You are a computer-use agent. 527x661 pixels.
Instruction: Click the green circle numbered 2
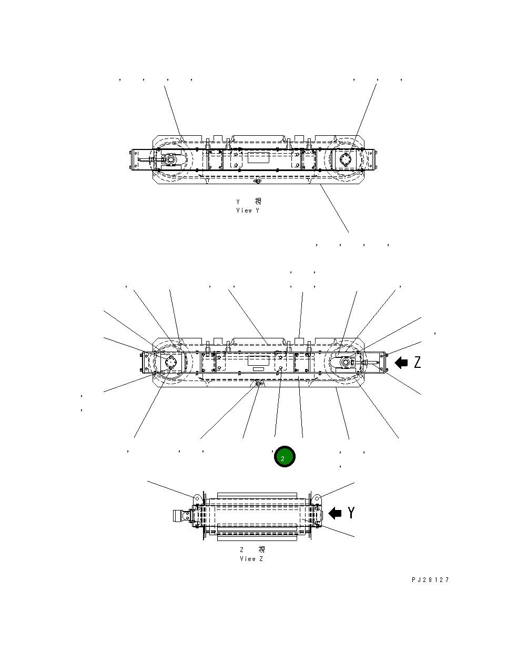click(x=285, y=457)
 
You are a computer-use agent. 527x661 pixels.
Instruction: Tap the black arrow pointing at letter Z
click(x=401, y=362)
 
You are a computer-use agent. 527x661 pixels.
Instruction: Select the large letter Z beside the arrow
click(x=417, y=362)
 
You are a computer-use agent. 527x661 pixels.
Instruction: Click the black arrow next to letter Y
click(x=335, y=512)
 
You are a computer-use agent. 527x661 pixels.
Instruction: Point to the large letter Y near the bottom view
click(x=351, y=512)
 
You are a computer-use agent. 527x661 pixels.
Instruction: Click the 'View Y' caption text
click(x=248, y=210)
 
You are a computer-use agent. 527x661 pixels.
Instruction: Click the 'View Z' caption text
click(x=251, y=558)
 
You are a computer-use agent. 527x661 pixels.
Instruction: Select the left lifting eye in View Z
click(x=197, y=498)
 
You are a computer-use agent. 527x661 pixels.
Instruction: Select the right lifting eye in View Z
click(x=317, y=498)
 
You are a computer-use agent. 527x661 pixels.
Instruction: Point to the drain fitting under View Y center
click(x=257, y=181)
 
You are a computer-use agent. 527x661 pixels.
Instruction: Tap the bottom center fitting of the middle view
click(x=259, y=384)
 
